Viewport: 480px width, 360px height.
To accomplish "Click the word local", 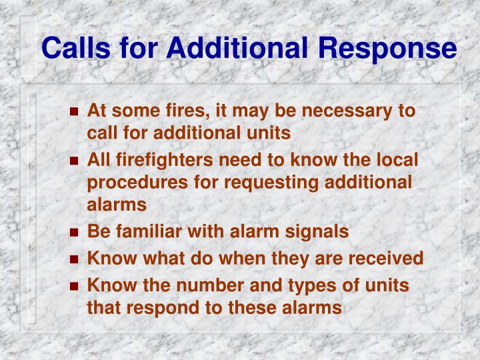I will point(398,160).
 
